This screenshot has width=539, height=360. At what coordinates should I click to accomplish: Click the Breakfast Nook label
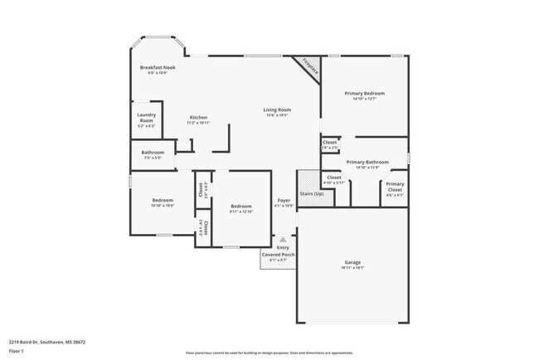(157, 67)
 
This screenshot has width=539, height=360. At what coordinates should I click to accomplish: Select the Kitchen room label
(198, 117)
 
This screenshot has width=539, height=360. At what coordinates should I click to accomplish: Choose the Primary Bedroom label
(365, 94)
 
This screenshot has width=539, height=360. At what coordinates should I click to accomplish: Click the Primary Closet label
(395, 186)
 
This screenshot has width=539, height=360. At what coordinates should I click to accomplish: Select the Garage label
(353, 262)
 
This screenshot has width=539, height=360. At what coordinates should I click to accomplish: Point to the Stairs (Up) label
(311, 193)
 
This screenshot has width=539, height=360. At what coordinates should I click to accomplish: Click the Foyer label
(284, 200)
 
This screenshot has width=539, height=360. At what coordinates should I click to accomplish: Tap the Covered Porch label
(276, 255)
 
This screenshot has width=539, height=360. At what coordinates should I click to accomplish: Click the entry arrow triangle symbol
(283, 238)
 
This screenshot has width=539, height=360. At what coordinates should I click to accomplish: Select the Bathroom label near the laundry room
(153, 152)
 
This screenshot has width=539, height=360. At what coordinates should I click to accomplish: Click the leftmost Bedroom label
(163, 200)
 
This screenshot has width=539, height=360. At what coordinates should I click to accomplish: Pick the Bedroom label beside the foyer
(241, 206)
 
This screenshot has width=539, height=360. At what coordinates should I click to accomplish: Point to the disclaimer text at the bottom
(269, 353)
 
